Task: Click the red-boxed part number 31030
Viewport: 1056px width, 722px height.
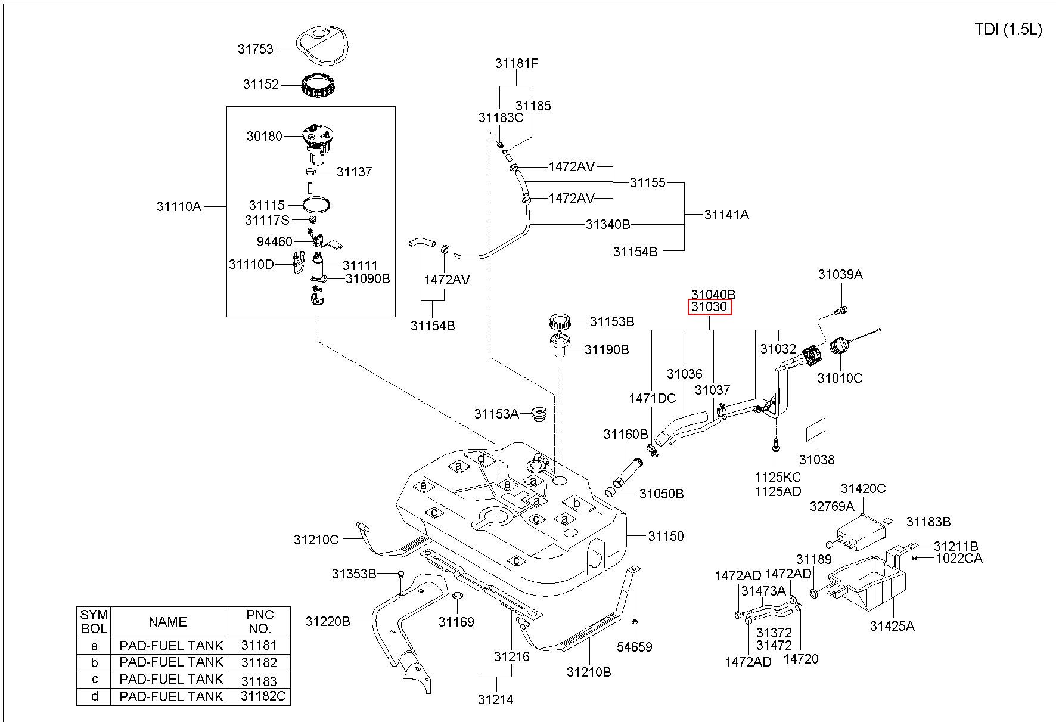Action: [x=709, y=307]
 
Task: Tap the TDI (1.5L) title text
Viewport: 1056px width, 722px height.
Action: [x=1008, y=30]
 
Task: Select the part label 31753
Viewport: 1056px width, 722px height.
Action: [x=255, y=49]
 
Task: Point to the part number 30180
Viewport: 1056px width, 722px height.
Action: [x=264, y=136]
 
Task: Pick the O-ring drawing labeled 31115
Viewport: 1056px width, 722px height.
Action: [x=316, y=204]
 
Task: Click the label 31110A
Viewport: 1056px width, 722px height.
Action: [x=179, y=206]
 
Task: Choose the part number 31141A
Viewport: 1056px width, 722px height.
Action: [x=726, y=215]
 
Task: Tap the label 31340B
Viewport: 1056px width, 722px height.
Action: [x=608, y=224]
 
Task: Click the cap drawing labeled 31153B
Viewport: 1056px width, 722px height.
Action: [x=560, y=323]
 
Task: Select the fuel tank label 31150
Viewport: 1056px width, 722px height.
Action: [x=666, y=536]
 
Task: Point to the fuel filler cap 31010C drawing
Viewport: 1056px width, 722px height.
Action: [x=840, y=346]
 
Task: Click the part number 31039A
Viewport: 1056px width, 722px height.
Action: [x=840, y=274]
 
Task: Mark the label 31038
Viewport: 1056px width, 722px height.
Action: [x=816, y=460]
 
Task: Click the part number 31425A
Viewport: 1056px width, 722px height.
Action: [x=892, y=626]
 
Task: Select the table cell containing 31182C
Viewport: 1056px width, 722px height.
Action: [x=259, y=696]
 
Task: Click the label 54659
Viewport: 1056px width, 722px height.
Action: [x=635, y=647]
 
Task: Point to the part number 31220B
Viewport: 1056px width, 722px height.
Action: [x=328, y=621]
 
